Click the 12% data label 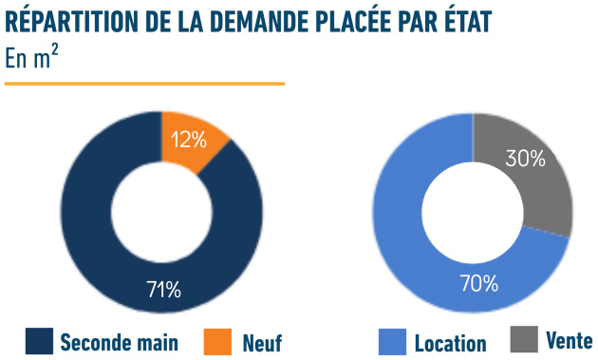pyautogui.click(x=188, y=140)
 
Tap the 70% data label pyautogui.click(x=479, y=282)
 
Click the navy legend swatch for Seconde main pyautogui.click(x=39, y=340)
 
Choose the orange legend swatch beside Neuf pyautogui.click(x=217, y=340)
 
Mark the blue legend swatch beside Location pyautogui.click(x=392, y=341)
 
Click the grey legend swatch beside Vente pyautogui.click(x=523, y=338)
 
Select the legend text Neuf pyautogui.click(x=262, y=341)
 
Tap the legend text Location pyautogui.click(x=450, y=343)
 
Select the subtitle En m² pyautogui.click(x=29, y=59)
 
